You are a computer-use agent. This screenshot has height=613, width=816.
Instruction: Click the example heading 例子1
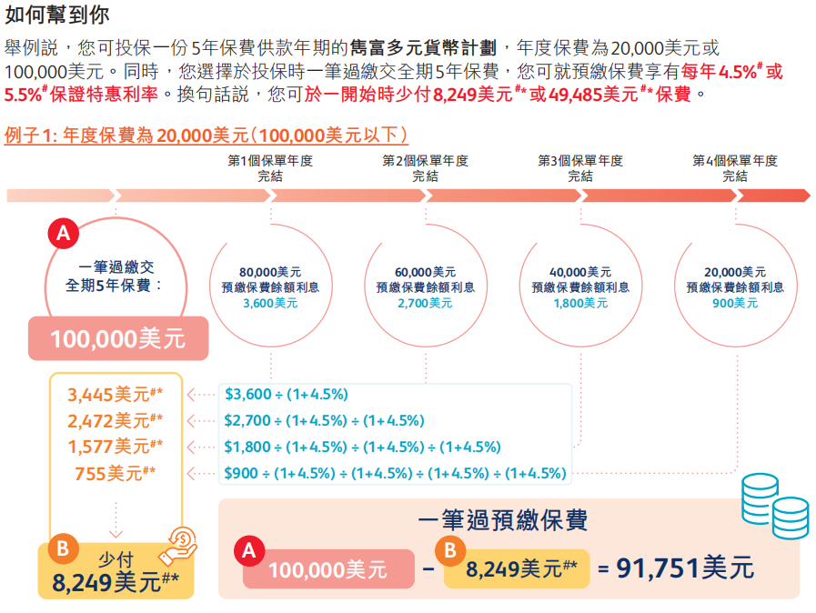(207, 136)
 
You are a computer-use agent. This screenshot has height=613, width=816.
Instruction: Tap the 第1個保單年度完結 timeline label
(270, 168)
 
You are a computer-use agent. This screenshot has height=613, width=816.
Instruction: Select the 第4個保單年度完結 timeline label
(735, 168)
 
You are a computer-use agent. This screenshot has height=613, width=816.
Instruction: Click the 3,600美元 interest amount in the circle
(270, 303)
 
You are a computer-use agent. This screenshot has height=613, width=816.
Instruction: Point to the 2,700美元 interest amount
(425, 303)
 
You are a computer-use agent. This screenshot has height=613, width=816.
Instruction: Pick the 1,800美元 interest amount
(580, 303)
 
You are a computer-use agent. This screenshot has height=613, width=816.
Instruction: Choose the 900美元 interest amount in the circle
(735, 303)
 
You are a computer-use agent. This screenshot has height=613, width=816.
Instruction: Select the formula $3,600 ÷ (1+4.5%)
(287, 395)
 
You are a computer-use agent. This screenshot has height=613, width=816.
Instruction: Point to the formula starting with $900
(396, 473)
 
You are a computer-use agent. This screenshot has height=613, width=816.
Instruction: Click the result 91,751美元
(686, 568)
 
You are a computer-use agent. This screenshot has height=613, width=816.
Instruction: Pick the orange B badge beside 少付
(63, 548)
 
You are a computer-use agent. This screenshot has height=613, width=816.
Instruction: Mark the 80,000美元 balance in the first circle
(270, 272)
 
